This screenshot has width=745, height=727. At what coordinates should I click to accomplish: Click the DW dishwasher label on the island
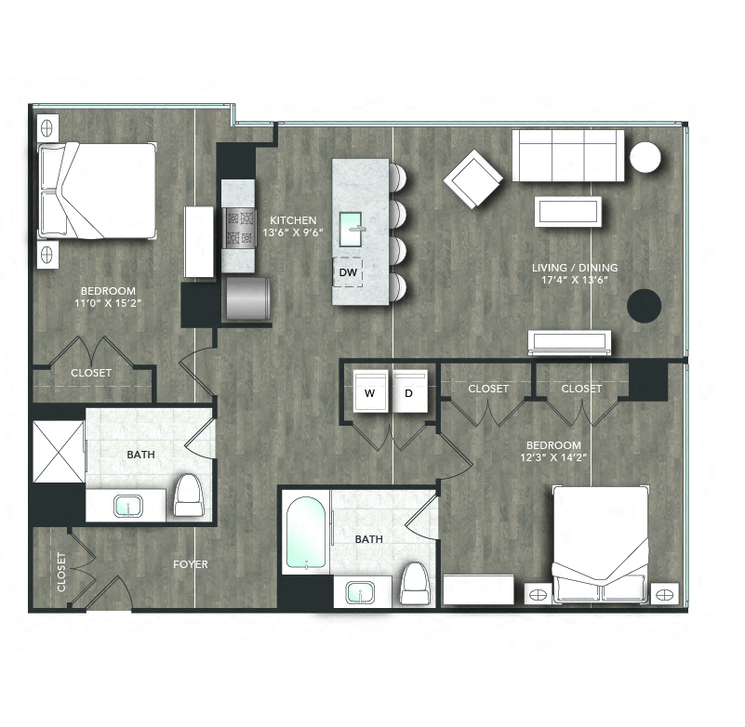click(348, 272)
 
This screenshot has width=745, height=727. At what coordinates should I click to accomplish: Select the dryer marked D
click(410, 391)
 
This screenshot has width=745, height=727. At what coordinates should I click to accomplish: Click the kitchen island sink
click(351, 229)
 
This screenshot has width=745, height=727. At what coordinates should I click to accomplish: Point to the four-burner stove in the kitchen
click(239, 228)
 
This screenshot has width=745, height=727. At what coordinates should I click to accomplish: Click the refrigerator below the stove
click(248, 298)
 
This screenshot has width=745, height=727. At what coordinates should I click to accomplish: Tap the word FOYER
click(191, 564)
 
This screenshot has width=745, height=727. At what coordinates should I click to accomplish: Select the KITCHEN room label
click(293, 220)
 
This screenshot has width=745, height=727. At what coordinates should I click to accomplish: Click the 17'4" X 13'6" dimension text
click(575, 280)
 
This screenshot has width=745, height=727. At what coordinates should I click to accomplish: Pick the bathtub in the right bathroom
click(306, 534)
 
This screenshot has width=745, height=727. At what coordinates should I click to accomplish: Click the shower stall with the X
click(59, 451)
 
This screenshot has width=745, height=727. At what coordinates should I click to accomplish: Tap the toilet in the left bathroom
click(189, 495)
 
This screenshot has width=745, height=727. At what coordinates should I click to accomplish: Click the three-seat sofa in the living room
click(568, 155)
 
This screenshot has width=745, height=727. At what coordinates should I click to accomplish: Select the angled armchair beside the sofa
click(473, 179)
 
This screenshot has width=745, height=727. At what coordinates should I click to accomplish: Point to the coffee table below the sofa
click(568, 212)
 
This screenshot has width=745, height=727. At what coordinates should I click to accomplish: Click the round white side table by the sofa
click(645, 157)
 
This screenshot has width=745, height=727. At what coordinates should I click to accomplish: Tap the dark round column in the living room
click(645, 306)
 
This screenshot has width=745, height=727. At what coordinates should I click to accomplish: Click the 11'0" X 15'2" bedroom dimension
click(109, 303)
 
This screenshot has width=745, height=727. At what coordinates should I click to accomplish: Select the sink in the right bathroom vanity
click(360, 592)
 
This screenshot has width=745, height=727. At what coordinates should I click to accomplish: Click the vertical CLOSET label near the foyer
click(61, 572)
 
